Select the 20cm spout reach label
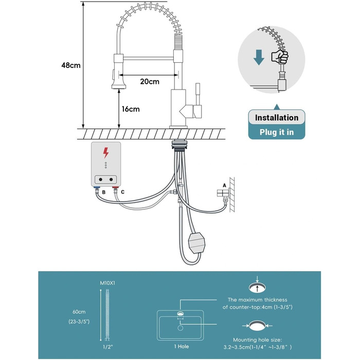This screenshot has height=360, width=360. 149,81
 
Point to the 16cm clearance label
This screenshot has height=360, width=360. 131,109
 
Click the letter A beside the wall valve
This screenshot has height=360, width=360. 224,185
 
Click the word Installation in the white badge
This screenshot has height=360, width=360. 276,118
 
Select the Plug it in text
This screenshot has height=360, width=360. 276,132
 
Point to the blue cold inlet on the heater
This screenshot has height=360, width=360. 98,190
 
